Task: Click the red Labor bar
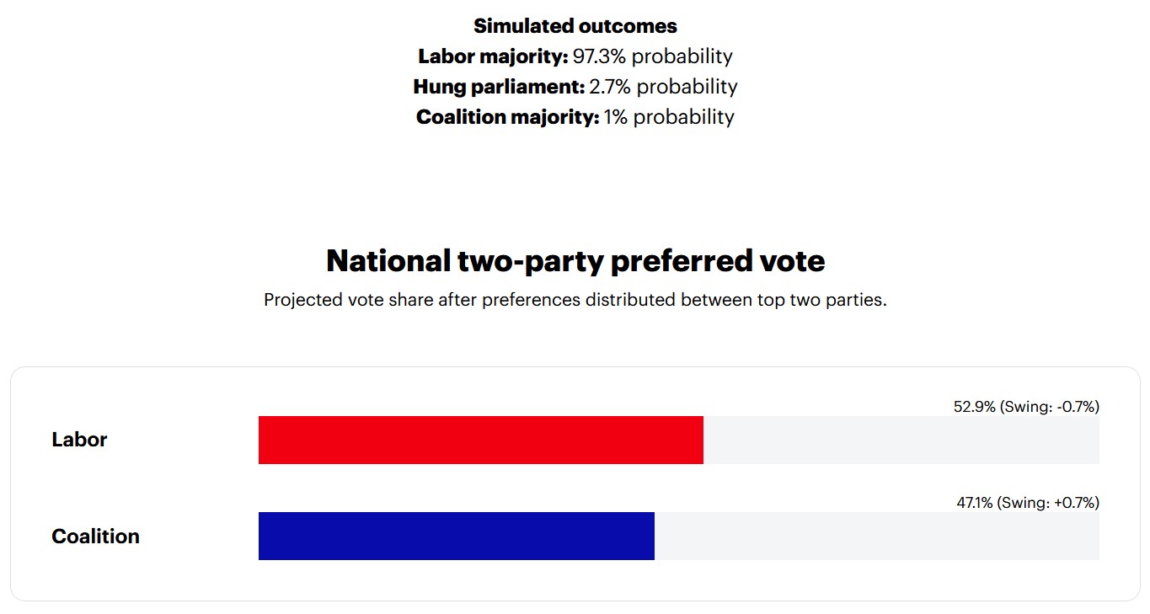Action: (480, 440)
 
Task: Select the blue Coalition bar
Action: (456, 536)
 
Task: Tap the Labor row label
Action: (79, 440)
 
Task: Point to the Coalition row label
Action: (95, 537)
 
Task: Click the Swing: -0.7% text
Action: (1050, 407)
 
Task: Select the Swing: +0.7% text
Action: (1050, 503)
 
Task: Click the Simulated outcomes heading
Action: (575, 26)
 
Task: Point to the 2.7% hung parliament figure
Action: (607, 87)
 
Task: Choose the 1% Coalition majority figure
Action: (616, 117)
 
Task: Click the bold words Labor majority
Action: (493, 56)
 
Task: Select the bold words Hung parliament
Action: (499, 87)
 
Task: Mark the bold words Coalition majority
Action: (507, 117)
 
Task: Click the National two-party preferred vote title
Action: (575, 261)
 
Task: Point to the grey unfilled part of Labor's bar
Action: (901, 440)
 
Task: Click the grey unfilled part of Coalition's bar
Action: (876, 536)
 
